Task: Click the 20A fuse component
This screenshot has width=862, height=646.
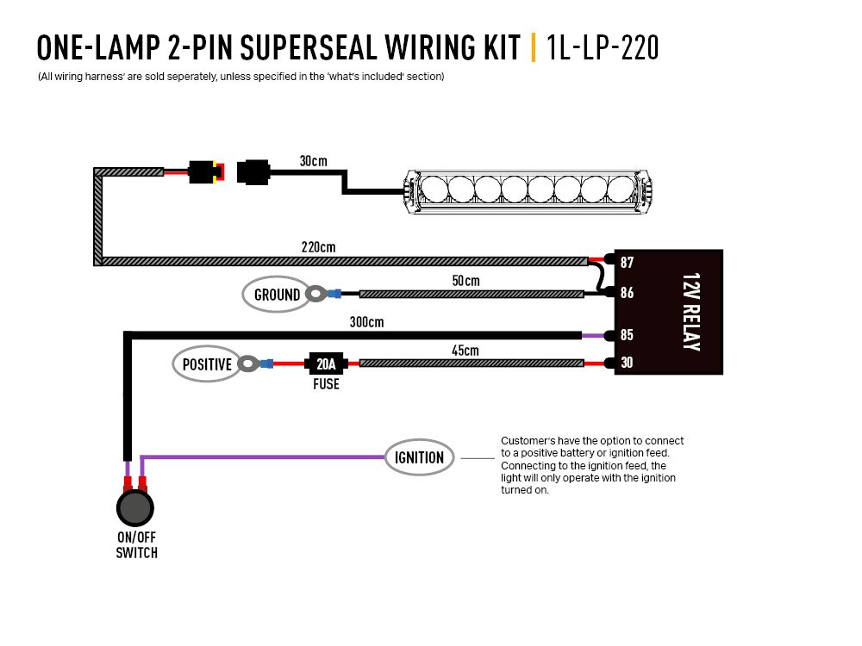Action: (x=326, y=364)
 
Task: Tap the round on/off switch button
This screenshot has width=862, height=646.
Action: (x=134, y=508)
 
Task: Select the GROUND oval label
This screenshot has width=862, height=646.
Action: (x=277, y=295)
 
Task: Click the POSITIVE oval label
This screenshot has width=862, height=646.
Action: (x=207, y=364)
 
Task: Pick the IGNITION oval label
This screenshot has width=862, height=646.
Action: (x=419, y=457)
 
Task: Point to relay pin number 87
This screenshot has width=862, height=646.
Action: (x=627, y=262)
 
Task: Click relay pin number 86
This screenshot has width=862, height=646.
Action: (x=627, y=293)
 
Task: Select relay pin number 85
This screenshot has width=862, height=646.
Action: (x=627, y=335)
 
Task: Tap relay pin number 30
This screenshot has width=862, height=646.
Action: (x=627, y=363)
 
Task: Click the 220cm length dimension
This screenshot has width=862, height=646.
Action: (x=318, y=247)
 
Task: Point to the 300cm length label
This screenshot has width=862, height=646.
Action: (x=366, y=322)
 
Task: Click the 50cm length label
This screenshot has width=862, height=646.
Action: (x=465, y=281)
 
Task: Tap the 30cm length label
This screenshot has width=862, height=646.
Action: (x=313, y=161)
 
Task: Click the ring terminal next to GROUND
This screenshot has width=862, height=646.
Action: (x=316, y=295)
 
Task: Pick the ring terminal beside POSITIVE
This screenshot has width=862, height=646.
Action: (x=247, y=364)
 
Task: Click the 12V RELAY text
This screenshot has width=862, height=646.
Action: (x=690, y=312)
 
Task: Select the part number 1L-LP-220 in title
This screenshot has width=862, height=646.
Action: (x=603, y=47)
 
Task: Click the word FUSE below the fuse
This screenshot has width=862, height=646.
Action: (x=326, y=384)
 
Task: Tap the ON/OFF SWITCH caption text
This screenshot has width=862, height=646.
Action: (x=136, y=544)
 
